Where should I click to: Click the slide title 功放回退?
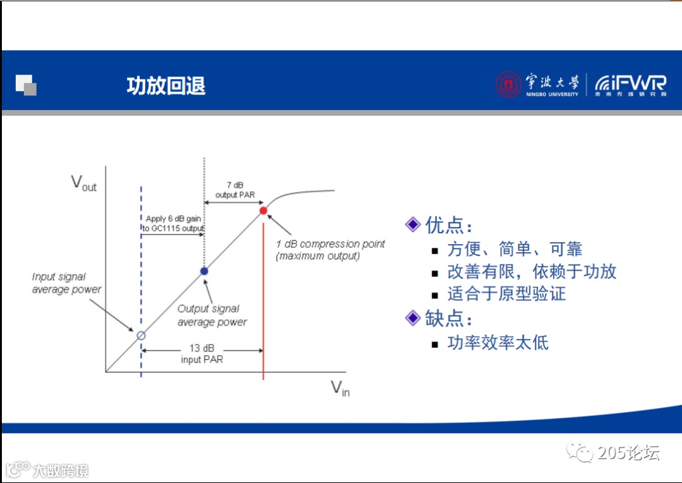[166, 85]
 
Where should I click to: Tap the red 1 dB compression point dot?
[263, 211]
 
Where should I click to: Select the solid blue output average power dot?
[204, 271]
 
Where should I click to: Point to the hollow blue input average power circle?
[141, 335]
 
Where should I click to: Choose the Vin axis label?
[340, 388]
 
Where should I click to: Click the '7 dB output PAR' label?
[235, 190]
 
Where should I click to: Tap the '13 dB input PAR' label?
[202, 353]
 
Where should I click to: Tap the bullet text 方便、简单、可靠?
[515, 248]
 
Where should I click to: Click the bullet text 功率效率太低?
[498, 343]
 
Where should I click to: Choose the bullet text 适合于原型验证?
[506, 293]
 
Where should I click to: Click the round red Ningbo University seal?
[508, 85]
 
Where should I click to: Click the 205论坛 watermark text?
[628, 453]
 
